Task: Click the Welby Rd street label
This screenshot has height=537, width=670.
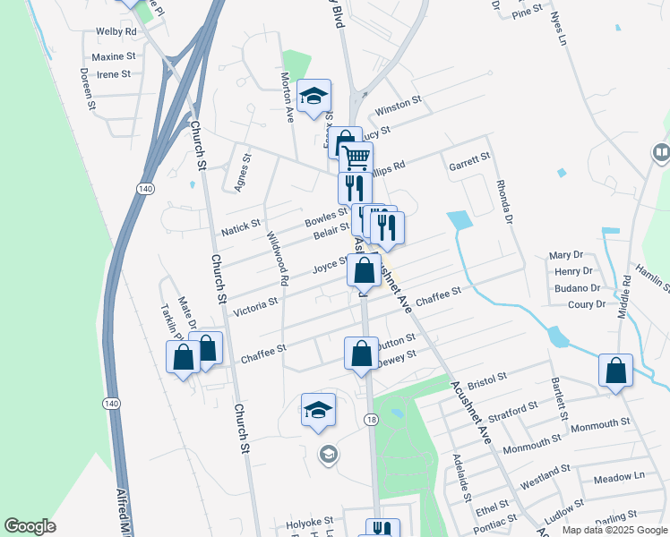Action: [x=116, y=31]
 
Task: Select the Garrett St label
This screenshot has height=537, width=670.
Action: [x=468, y=160]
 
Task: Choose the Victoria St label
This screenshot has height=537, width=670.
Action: [x=254, y=307]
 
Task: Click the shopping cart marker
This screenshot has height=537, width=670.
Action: [x=356, y=158]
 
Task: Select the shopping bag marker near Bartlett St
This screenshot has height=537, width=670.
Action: [x=616, y=370]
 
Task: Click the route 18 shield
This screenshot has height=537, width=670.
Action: [x=370, y=419]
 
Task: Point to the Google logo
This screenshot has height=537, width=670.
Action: [x=30, y=526]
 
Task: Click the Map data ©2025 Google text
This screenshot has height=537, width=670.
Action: [x=614, y=530]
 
